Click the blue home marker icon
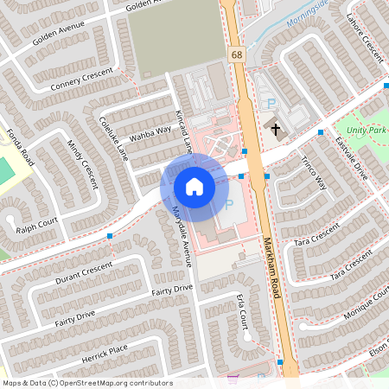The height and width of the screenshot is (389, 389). click(x=194, y=186)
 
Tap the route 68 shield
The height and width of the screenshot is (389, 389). click(x=236, y=54)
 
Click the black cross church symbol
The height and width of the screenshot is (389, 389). click(x=277, y=130)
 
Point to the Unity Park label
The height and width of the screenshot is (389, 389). click(x=369, y=130)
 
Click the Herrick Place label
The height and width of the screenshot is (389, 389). click(x=105, y=352)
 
